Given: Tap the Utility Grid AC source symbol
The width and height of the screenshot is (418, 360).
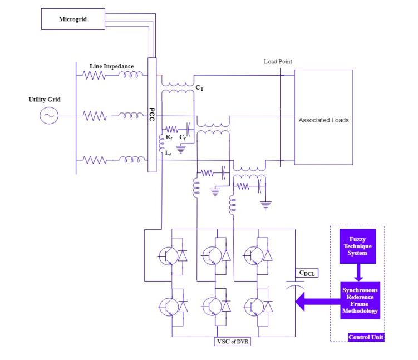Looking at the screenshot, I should click(48, 116).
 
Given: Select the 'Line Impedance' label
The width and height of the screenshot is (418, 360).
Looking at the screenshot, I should click(111, 66).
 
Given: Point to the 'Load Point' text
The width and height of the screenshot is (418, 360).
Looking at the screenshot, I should click(278, 61).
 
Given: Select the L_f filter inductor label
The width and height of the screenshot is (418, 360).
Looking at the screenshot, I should click(168, 152).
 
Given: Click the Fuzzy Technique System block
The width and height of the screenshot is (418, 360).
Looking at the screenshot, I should click(358, 245).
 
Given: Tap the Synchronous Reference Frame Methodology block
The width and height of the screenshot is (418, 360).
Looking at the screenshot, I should click(360, 300).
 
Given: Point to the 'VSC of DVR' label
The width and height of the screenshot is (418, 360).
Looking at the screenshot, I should click(233, 341).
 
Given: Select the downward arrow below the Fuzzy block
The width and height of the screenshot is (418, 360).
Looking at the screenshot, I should click(358, 272).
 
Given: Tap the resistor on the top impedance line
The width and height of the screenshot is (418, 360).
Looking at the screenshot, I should click(95, 75).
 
